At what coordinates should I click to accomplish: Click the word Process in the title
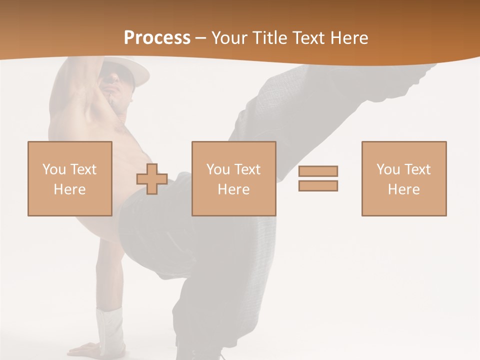[157, 38]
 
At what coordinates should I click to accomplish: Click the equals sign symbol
[318, 178]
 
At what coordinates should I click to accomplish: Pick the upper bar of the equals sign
[318, 171]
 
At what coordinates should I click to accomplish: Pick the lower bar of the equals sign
[318, 185]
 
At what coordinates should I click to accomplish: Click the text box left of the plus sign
[69, 178]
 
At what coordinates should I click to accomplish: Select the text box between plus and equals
[233, 178]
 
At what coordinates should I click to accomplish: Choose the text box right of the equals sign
[403, 178]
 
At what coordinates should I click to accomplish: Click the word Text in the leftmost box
[83, 169]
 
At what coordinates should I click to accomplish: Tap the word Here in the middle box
[233, 189]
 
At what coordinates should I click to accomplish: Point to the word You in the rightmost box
[388, 169]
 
